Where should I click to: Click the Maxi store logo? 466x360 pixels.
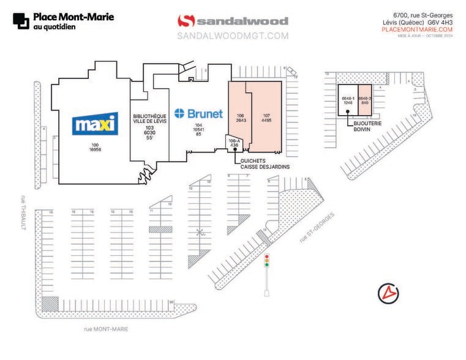coord(94,124)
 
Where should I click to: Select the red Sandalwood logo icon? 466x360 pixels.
coord(186,21)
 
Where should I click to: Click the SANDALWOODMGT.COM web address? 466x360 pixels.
coord(232,36)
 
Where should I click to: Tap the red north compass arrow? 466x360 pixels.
coord(386,293)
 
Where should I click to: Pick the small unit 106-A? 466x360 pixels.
coord(233,143)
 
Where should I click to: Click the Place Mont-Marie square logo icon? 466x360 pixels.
coord(20,21)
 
